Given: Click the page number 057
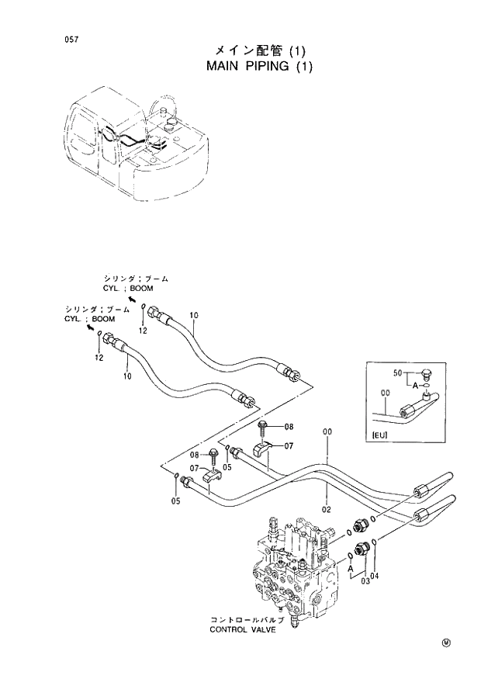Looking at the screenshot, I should point(71,39).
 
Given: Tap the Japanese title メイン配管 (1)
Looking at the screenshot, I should point(260,50).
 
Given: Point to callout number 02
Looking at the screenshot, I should point(327,510).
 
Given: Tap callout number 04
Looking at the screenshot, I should point(376,575).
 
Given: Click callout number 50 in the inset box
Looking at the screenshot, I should point(399,373).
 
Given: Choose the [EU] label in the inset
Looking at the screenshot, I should point(380,435).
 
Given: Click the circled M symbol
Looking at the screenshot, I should point(446,642).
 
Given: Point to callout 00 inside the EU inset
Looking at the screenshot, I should point(386,392).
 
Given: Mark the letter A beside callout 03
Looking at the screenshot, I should point(351,568).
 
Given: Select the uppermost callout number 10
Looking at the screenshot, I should point(194,315).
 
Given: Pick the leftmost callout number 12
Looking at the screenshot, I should point(99,358).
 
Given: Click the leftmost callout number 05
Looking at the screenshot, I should point(175,501).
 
